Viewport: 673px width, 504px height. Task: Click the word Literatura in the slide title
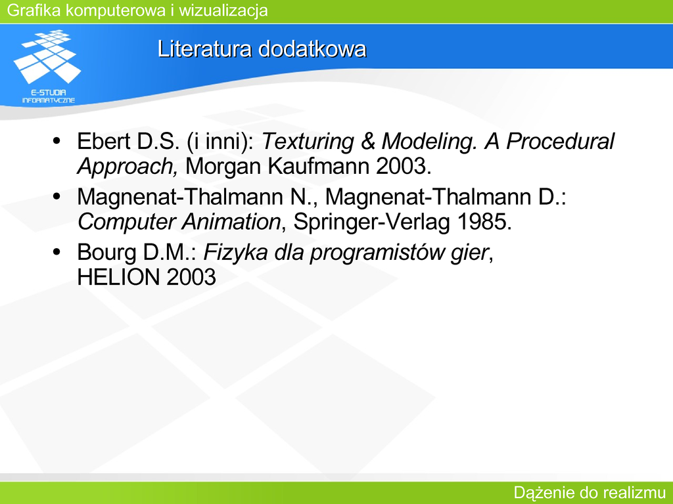204,49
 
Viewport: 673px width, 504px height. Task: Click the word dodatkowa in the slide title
312,49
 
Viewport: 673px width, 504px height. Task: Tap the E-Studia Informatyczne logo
47,66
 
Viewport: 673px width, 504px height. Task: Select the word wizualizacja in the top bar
223,10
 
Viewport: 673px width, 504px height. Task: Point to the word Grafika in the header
34,10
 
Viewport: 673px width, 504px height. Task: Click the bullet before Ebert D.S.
57,141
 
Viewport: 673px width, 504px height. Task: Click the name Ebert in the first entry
104,141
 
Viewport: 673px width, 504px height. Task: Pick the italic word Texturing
308,141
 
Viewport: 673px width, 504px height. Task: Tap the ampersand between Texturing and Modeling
367,142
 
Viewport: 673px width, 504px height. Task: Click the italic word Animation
231,222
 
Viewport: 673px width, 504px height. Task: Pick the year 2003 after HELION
191,277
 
